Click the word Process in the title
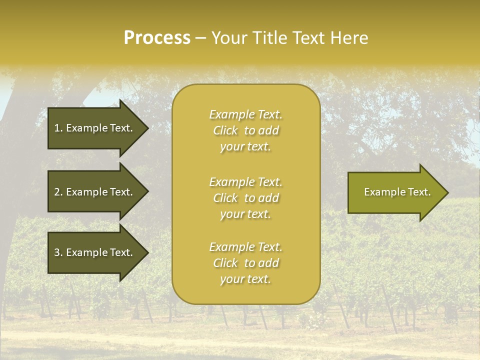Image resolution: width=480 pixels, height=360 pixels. pyautogui.click(x=157, y=38)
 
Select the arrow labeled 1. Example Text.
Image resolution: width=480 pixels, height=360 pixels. pyautogui.click(x=95, y=128)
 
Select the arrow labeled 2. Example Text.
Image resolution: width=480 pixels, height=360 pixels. pyautogui.click(x=95, y=192)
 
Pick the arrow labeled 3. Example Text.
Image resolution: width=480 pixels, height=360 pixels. pyautogui.click(x=95, y=252)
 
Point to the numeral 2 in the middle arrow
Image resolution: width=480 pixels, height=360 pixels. pyautogui.click(x=57, y=192)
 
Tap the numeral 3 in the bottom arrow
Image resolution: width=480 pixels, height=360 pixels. pyautogui.click(x=57, y=252)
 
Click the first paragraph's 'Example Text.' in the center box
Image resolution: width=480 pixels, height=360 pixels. pyautogui.click(x=245, y=114)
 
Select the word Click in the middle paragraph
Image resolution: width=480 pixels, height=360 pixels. pyautogui.click(x=225, y=198)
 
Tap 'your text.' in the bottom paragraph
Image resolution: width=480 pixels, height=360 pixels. pyautogui.click(x=245, y=279)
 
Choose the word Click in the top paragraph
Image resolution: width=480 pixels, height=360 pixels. pyautogui.click(x=225, y=130)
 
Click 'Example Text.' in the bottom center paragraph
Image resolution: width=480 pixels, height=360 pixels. pyautogui.click(x=245, y=247)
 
